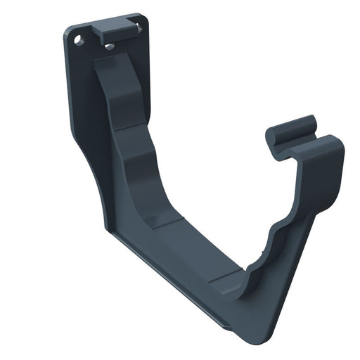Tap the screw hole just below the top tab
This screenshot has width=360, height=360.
(x=109, y=46)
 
